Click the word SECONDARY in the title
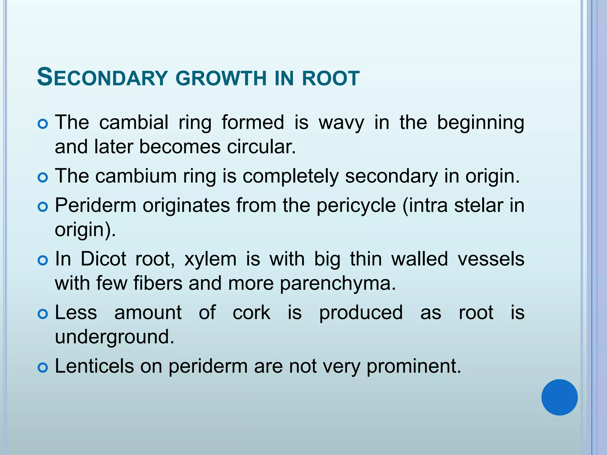click(102, 77)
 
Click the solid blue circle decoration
click(559, 397)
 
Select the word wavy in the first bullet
click(341, 123)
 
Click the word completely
click(290, 176)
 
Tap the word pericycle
click(356, 206)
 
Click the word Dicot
click(103, 259)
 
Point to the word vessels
click(491, 259)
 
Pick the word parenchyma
click(338, 284)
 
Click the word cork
click(251, 313)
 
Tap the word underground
click(115, 337)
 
